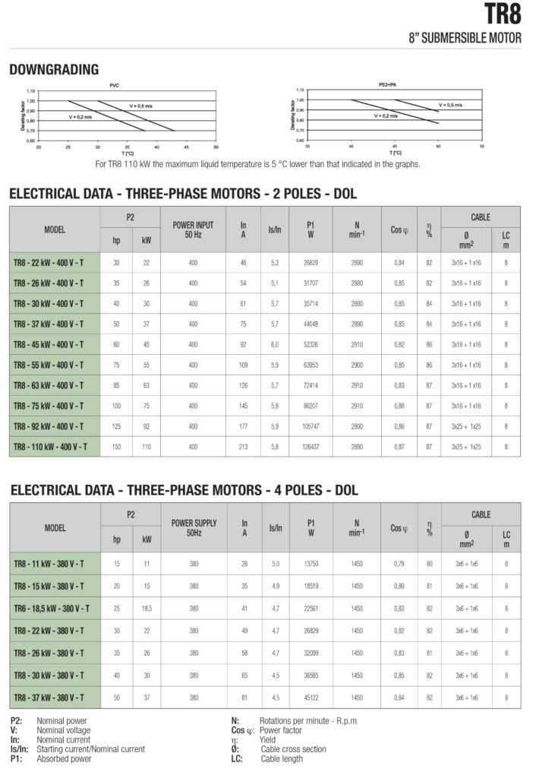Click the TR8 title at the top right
(503, 15)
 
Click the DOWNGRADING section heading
(54, 70)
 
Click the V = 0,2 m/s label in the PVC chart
(80, 117)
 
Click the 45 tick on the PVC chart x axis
(186, 146)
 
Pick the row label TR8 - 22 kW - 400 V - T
(55, 263)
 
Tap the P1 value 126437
(311, 447)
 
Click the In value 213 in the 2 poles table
(244, 447)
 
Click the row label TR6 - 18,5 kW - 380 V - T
(55, 608)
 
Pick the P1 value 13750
(311, 564)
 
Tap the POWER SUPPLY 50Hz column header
(194, 528)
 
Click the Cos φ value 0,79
(399, 564)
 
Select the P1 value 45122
(311, 697)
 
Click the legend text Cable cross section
(293, 749)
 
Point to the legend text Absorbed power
(64, 758)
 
